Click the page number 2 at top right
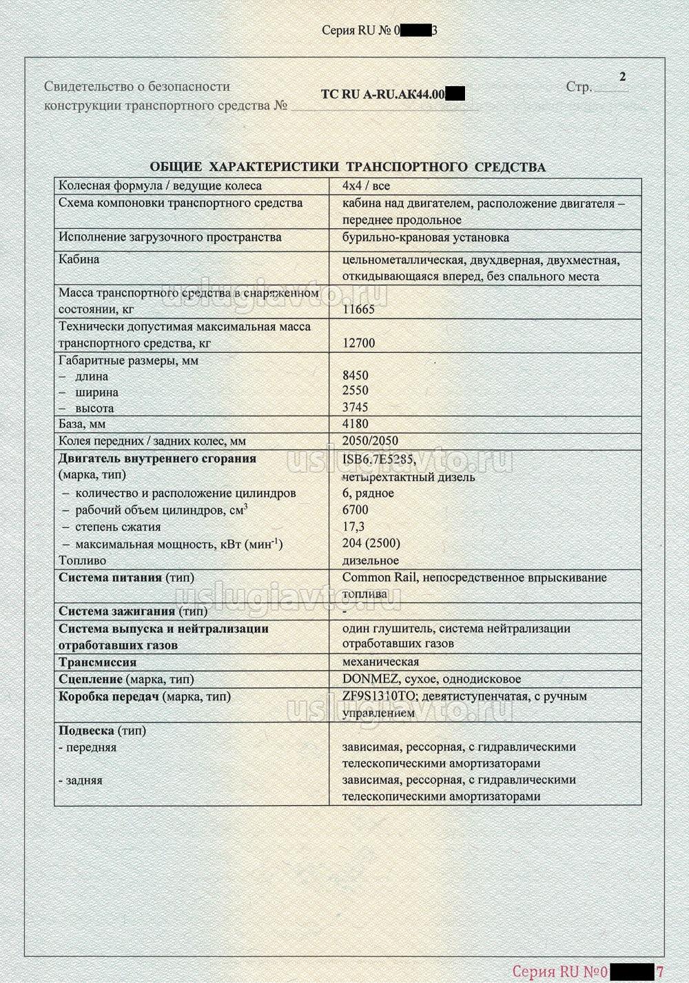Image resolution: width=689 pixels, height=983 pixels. click(622, 77)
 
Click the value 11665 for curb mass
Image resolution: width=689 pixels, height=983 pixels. click(358, 310)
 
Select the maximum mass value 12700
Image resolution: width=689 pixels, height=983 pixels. click(358, 343)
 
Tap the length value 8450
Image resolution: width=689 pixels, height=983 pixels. click(355, 376)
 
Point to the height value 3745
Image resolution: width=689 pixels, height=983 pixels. click(355, 407)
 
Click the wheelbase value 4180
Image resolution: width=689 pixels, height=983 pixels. click(355, 424)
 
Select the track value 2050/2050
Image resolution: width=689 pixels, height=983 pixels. click(370, 441)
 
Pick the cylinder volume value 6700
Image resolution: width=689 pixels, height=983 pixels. click(355, 510)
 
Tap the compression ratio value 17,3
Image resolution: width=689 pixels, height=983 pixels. click(353, 527)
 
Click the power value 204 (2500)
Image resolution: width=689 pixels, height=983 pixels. click(371, 543)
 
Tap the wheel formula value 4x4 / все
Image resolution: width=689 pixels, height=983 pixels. click(366, 186)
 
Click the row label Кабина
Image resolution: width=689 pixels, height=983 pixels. click(79, 259)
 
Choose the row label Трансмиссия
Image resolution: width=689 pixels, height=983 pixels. click(97, 662)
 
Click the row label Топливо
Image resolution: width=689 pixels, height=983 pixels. click(83, 560)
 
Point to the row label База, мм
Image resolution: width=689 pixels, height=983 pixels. click(82, 424)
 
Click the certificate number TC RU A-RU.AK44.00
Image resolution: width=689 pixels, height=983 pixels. click(383, 94)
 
